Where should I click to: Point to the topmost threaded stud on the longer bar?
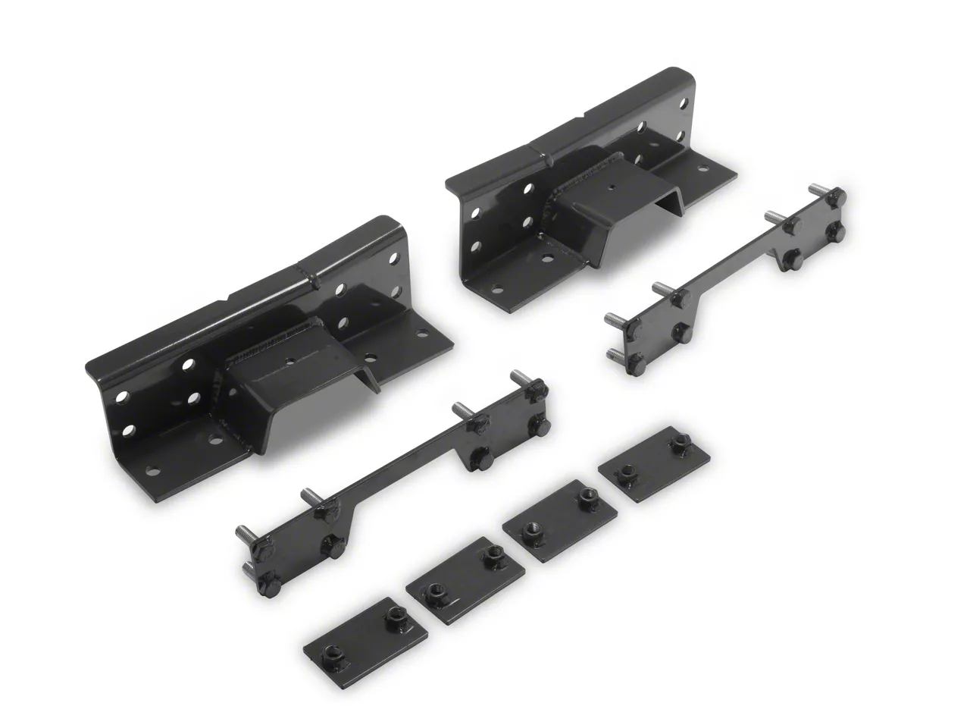coord(519,376)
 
